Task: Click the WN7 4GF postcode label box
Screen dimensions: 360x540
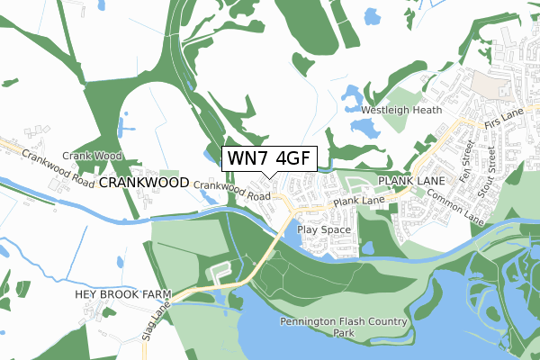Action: (268, 157)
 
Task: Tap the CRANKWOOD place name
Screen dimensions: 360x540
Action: (143, 182)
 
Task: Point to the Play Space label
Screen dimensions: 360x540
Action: (323, 229)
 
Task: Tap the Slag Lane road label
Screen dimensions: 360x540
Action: (157, 321)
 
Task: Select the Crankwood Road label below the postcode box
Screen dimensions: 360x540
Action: (232, 190)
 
